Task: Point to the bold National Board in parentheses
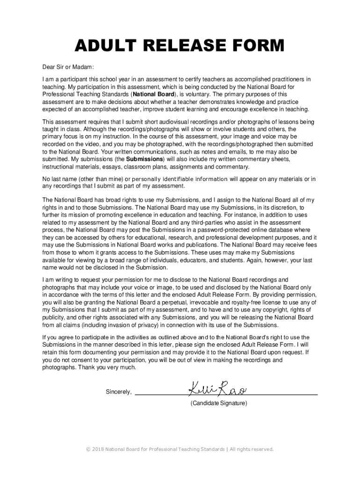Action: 153,94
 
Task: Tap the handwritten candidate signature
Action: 218,388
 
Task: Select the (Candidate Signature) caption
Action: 218,403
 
